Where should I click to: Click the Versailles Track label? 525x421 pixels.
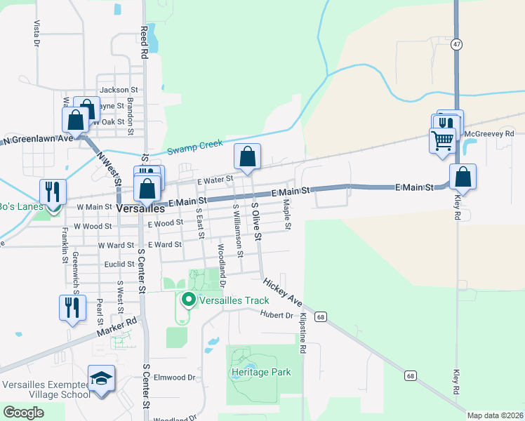coord(234,300)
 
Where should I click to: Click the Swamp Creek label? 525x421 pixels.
coord(194,147)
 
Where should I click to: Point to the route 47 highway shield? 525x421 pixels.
coord(456,44)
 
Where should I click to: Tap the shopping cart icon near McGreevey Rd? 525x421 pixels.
coord(442,140)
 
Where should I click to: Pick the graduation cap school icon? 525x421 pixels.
coord(102,378)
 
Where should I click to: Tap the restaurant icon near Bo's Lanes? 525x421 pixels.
coord(53,191)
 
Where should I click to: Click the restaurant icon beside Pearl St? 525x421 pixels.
coord(72,307)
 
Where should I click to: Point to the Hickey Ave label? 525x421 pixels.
coord(283,292)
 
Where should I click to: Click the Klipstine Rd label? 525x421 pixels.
coord(303,332)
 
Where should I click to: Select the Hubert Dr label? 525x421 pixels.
coord(275,314)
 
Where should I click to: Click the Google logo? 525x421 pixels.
coord(23,413)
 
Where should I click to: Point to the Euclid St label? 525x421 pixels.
coord(118,265)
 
